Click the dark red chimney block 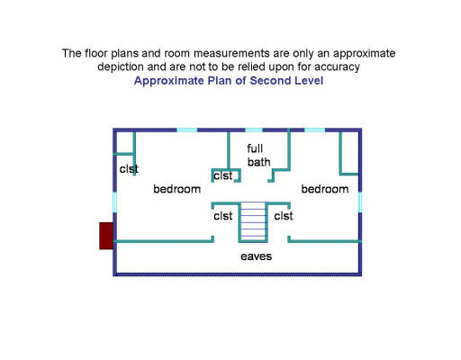tap(106, 236)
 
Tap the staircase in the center tap(253, 222)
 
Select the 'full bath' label tap(258, 156)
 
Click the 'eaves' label tap(256, 256)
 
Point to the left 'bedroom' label tap(176, 189)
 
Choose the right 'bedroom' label tap(325, 189)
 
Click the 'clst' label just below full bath tap(223, 175)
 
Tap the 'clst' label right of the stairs tap(284, 216)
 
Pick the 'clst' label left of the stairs tap(223, 216)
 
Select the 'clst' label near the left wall tap(129, 169)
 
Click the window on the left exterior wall tap(114, 202)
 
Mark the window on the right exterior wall tap(360, 202)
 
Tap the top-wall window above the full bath tap(254, 130)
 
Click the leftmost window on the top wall tap(186, 130)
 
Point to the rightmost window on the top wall tap(315, 130)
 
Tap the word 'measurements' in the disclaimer tap(231, 53)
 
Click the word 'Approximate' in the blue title tap(169, 81)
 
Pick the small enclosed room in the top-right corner tap(350, 152)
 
